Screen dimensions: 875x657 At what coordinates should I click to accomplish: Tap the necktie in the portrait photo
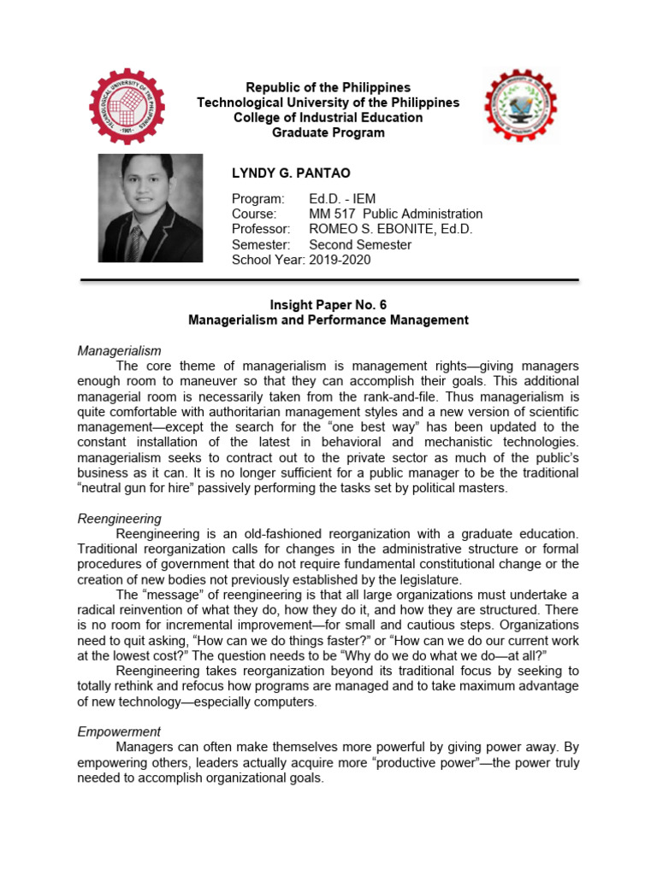point(136,243)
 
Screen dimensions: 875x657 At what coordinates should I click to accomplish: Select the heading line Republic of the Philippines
point(328,88)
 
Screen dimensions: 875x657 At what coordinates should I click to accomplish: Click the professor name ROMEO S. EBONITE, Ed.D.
point(390,229)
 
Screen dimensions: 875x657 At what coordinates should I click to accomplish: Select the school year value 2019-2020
point(340,260)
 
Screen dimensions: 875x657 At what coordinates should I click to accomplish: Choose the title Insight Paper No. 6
point(328,305)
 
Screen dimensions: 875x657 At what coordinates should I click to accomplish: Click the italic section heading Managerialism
point(119,351)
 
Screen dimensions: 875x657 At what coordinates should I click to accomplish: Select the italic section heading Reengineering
point(119,519)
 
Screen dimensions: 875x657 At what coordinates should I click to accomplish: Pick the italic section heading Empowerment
point(118,731)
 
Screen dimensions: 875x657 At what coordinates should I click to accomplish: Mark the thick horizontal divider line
point(329,280)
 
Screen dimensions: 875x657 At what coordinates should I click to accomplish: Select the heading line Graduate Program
point(328,132)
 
